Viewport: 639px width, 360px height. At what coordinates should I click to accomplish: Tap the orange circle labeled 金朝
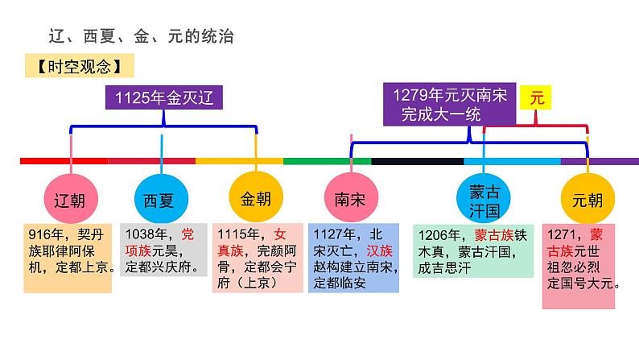point(257,198)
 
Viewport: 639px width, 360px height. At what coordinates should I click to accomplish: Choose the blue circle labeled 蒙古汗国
point(484,201)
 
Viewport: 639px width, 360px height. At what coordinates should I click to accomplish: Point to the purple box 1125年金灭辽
point(165,99)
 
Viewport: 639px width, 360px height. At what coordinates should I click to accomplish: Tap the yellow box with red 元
point(536,98)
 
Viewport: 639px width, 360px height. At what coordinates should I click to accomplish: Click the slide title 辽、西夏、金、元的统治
point(142,37)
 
